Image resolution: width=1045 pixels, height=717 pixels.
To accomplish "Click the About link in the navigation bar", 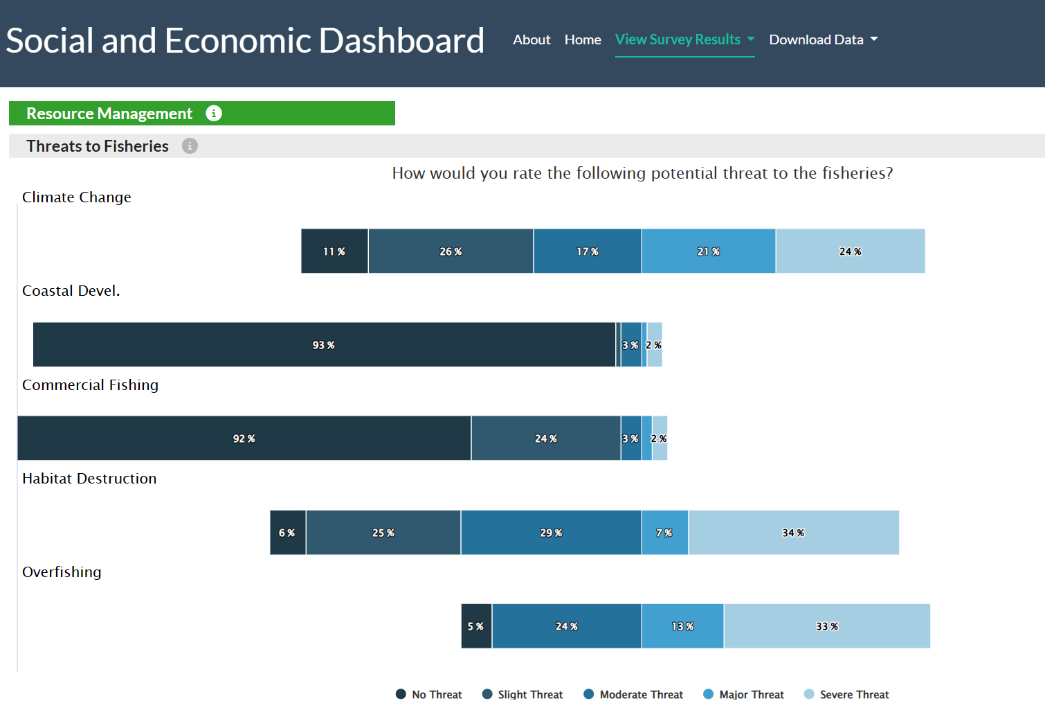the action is [531, 39].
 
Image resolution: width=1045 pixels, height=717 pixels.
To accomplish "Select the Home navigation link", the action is [583, 39].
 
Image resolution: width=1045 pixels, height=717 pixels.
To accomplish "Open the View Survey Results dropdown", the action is [684, 39].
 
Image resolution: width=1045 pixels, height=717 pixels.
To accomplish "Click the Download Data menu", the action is [824, 39].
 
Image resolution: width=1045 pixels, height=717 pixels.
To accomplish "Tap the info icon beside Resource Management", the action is [214, 114].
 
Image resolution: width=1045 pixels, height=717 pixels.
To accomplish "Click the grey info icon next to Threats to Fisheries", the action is [190, 146].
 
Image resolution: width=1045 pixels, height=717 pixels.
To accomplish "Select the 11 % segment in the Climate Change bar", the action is [334, 251].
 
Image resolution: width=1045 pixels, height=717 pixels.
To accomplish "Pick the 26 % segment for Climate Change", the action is [451, 251].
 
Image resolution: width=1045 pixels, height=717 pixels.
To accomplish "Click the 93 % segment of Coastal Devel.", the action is [325, 344].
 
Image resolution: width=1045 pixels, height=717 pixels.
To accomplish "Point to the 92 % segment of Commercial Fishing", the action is [244, 438].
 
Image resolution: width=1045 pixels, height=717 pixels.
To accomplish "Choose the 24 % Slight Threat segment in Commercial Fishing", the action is [546, 438].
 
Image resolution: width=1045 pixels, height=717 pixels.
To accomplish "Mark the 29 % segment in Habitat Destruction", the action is [551, 533].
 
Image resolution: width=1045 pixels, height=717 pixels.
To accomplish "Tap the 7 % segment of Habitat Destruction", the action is [665, 533].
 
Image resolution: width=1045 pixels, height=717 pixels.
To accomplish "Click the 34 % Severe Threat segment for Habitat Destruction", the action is [794, 533].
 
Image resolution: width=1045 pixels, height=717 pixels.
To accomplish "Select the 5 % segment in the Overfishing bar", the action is [476, 626].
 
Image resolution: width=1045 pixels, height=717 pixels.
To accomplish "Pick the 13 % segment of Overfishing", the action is [682, 626].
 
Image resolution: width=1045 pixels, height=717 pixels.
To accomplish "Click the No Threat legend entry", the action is [428, 695].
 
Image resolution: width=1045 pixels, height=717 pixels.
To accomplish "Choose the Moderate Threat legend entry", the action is [633, 695].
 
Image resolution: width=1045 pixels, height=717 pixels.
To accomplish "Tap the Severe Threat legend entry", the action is [846, 695].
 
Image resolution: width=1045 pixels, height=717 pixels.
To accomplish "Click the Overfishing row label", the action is [62, 572].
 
